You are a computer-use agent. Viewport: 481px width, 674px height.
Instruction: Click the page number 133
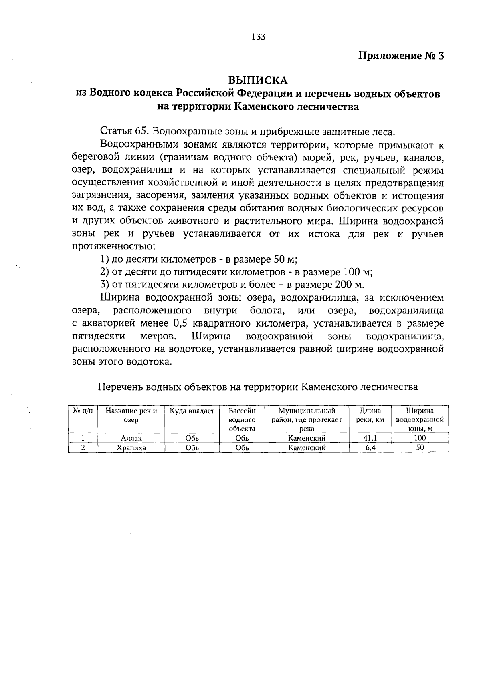(x=259, y=37)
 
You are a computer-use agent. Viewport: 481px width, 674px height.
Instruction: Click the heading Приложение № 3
(x=401, y=56)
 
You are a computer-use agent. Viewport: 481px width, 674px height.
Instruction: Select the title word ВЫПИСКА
(x=258, y=80)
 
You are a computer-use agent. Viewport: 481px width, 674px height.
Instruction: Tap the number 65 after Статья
(x=142, y=132)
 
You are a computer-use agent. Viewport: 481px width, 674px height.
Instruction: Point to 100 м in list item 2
(x=358, y=272)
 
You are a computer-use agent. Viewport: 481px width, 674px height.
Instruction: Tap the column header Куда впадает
(x=192, y=411)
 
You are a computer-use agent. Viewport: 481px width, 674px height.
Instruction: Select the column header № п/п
(x=83, y=411)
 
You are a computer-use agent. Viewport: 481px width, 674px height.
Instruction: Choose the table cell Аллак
(x=131, y=438)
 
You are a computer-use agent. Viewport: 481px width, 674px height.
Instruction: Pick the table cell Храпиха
(x=131, y=448)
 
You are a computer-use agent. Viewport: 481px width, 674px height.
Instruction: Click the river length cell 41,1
(x=370, y=438)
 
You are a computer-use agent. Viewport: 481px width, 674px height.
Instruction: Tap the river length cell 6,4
(x=370, y=448)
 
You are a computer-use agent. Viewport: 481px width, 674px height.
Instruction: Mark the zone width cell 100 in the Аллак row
(x=420, y=438)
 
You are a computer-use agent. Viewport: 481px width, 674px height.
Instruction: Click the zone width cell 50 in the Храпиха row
(x=420, y=448)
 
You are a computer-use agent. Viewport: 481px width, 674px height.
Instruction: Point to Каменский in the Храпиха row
(x=307, y=448)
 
